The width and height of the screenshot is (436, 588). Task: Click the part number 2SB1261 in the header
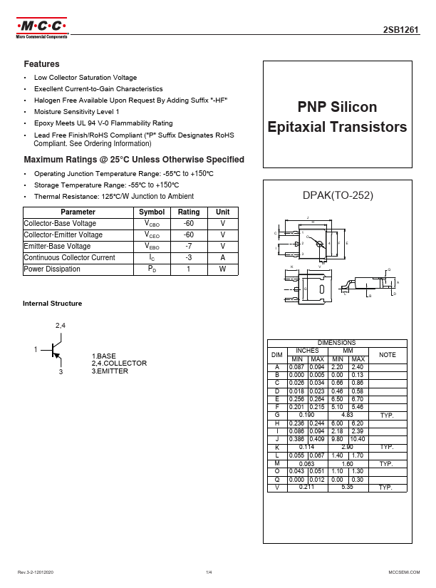click(x=401, y=31)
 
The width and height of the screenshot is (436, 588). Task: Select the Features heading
click(x=42, y=64)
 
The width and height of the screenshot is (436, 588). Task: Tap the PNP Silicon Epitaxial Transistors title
click(x=336, y=117)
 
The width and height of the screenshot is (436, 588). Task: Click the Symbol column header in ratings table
click(x=152, y=212)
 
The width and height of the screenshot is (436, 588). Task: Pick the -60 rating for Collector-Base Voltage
click(x=189, y=224)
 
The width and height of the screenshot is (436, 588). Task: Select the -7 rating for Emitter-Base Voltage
click(x=189, y=247)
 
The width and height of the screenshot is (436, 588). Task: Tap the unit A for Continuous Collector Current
click(x=222, y=258)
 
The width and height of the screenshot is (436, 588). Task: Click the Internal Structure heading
click(x=53, y=304)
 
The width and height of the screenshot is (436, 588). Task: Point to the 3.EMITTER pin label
click(x=110, y=371)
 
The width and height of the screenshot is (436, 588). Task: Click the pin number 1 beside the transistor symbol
click(x=34, y=350)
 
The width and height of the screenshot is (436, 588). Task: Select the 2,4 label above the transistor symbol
click(x=61, y=326)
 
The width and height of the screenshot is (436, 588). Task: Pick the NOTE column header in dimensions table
click(x=388, y=354)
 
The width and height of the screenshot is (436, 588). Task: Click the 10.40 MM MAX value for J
click(x=358, y=440)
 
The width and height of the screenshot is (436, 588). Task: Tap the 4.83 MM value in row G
click(x=348, y=414)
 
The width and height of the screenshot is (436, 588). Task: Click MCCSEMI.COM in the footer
click(x=403, y=572)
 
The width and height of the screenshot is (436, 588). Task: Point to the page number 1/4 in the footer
click(x=209, y=572)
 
